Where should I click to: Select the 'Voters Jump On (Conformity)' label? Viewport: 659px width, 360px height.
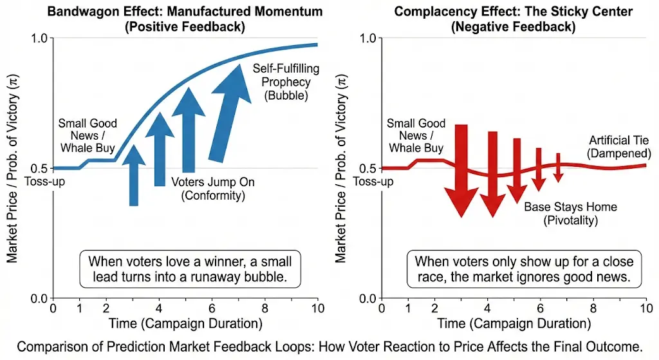[x=213, y=188]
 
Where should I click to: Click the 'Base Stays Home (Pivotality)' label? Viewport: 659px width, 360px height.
[x=570, y=214]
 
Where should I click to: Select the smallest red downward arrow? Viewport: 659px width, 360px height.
[x=558, y=167]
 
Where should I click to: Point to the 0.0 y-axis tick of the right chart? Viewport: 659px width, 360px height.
[x=368, y=298]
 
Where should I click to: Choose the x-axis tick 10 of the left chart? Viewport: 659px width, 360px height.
[x=318, y=308]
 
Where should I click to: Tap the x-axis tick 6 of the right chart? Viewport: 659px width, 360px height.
[x=540, y=308]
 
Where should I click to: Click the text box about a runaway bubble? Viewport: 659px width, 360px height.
[x=190, y=270]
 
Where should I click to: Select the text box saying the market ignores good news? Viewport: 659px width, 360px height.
[x=524, y=270]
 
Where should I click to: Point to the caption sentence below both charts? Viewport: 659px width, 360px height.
[x=329, y=347]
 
